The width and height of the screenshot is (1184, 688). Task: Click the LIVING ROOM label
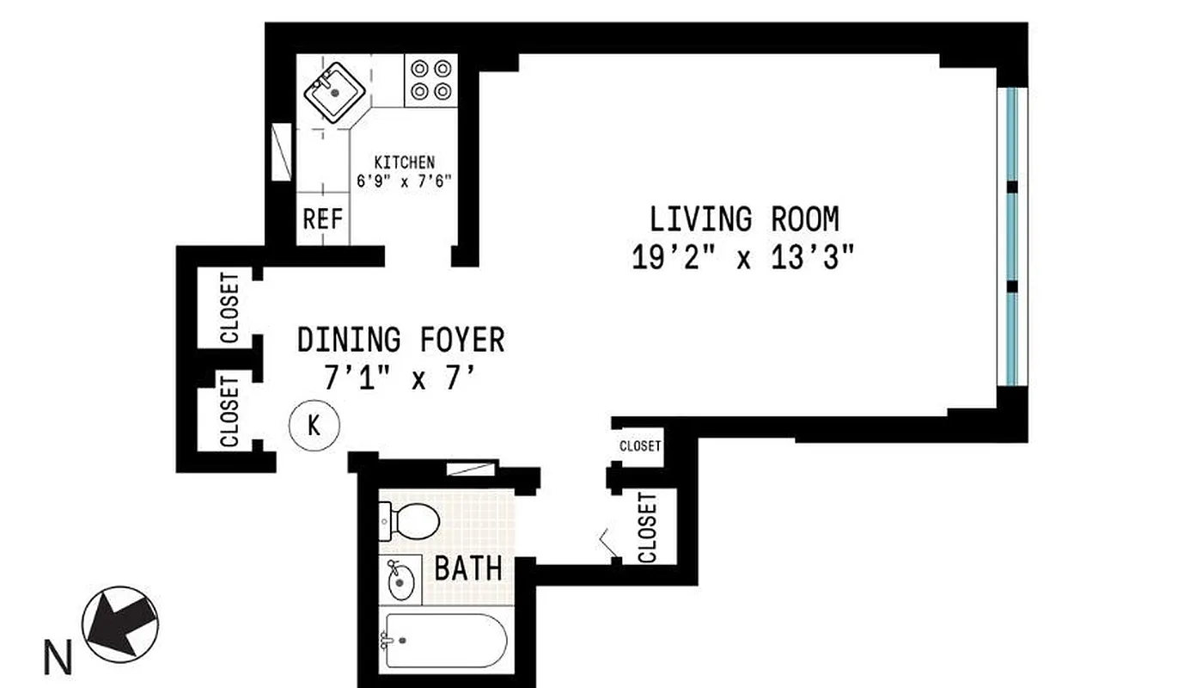tap(744, 220)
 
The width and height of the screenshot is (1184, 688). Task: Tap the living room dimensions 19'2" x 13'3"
tap(744, 258)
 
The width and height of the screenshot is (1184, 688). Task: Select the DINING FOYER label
tap(400, 340)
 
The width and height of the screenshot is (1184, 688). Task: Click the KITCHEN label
tap(404, 162)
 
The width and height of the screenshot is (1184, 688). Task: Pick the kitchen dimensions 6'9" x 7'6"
tap(404, 181)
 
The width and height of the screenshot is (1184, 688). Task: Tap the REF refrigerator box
tap(322, 219)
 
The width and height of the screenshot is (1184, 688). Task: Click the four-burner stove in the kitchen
tap(430, 79)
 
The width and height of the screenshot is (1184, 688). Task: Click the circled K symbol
tap(314, 425)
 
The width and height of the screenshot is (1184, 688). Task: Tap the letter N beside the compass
tap(58, 660)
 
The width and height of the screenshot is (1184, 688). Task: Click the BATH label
tap(467, 568)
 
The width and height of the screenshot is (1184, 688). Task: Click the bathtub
tap(443, 641)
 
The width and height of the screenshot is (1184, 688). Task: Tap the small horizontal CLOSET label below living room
tap(640, 445)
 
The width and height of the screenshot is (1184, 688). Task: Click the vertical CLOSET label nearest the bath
tap(647, 527)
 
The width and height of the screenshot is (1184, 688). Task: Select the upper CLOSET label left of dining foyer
tap(229, 308)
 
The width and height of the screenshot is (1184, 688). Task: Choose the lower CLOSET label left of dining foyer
tap(229, 411)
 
